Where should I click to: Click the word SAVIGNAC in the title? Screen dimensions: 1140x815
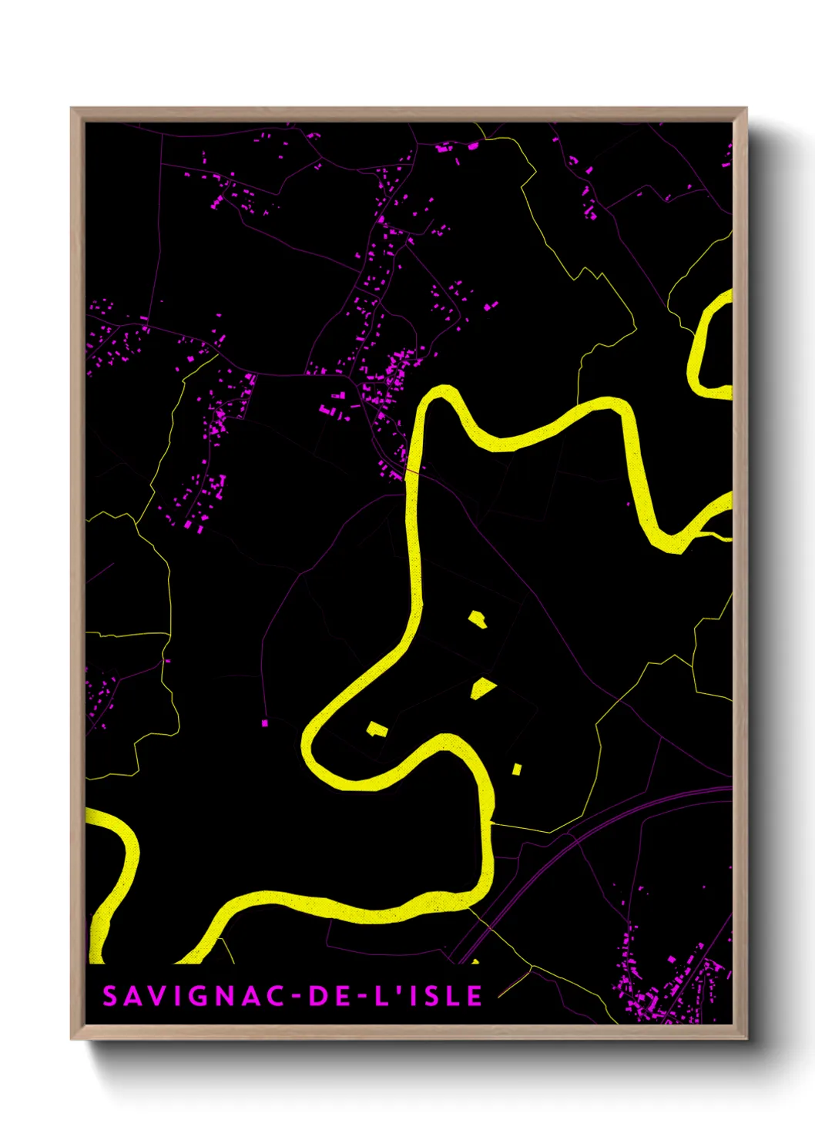coord(193,996)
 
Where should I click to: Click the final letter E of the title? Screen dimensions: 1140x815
coord(475,996)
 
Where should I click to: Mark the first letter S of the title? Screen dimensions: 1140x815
coord(110,996)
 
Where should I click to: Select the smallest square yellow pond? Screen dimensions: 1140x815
coord(517,769)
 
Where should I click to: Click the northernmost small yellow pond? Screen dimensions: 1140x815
coord(478,619)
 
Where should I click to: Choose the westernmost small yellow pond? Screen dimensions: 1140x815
coord(376,729)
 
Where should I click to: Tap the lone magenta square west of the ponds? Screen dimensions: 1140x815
coord(265,723)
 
